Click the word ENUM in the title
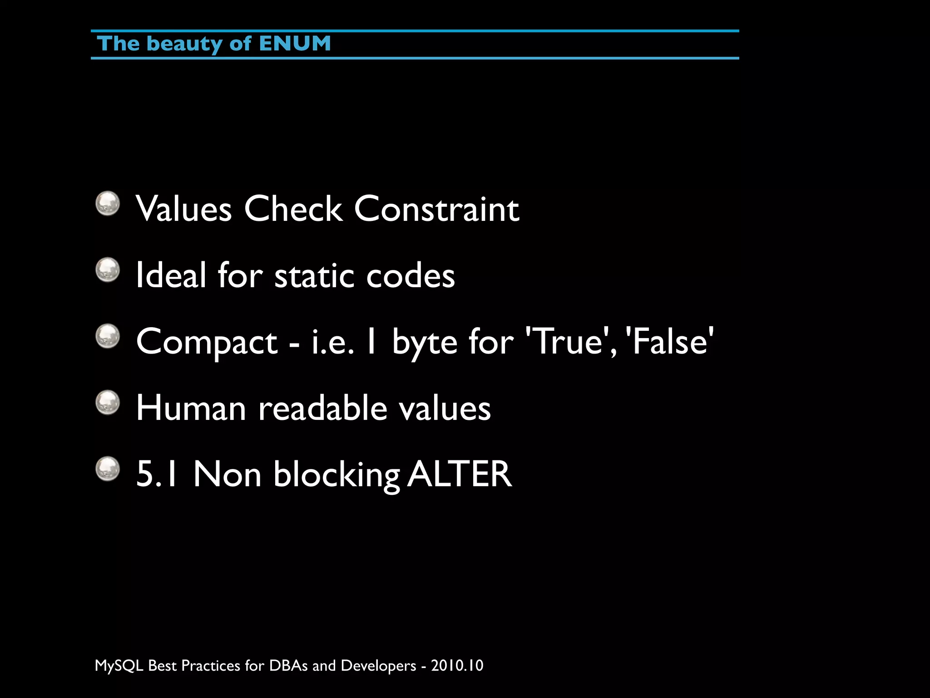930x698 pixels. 295,44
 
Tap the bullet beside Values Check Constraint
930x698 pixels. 108,203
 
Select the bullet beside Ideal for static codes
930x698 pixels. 108,270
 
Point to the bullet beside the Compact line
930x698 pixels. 108,336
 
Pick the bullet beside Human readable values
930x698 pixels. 108,403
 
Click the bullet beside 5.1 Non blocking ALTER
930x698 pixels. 108,469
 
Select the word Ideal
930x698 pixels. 171,275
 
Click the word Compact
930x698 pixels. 207,342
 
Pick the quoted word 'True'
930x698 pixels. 567,341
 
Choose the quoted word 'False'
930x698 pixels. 669,341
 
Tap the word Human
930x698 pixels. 191,408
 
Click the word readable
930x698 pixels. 322,408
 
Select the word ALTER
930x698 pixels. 460,474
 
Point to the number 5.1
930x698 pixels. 157,474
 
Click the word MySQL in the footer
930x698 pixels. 119,666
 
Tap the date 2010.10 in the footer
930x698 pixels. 457,666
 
